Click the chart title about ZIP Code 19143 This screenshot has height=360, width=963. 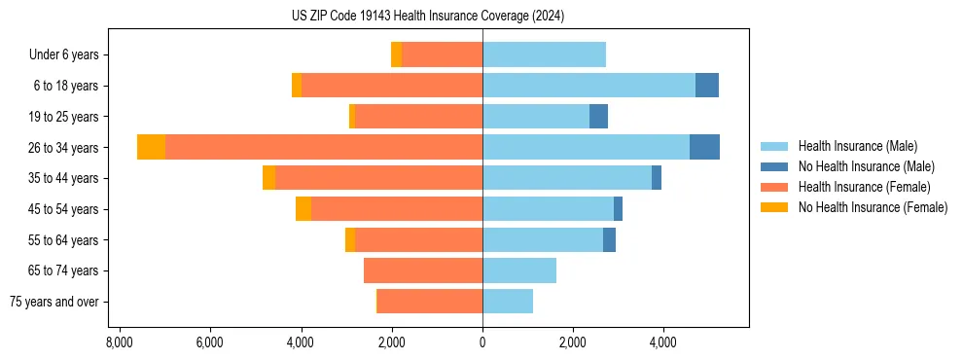(427, 17)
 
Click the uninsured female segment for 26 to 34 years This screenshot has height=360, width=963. (151, 147)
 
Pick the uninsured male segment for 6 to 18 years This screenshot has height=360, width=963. (707, 86)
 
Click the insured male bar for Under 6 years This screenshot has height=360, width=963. (544, 54)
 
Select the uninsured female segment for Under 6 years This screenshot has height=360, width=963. (396, 54)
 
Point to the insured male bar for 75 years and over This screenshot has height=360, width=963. (508, 302)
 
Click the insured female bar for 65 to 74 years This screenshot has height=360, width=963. (423, 270)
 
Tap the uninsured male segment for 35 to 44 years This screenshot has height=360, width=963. (657, 178)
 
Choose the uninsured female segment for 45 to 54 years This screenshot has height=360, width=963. (303, 209)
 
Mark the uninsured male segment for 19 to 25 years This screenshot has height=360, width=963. (598, 117)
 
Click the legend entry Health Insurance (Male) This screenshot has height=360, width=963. (857, 146)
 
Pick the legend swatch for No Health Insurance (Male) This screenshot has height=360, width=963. (774, 166)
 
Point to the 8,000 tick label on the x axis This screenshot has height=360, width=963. (119, 342)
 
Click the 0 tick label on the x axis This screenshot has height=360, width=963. (482, 342)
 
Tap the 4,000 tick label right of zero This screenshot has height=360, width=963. (663, 342)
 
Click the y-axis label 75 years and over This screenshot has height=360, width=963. (54, 302)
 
